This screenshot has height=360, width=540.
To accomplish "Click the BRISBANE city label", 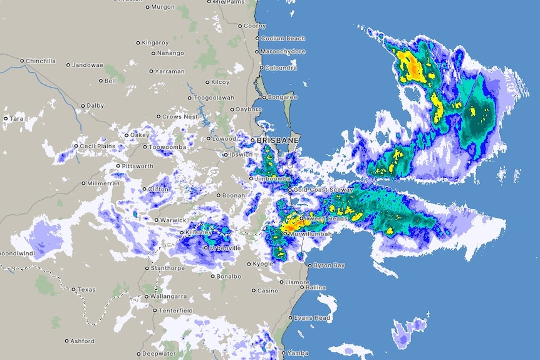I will point(278,140).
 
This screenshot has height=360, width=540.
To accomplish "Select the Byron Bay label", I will point(329,266).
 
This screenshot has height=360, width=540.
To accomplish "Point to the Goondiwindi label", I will point(17,254).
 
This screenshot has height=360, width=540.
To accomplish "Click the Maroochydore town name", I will point(283,51).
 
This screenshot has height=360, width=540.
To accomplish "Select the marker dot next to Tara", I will point(6,118).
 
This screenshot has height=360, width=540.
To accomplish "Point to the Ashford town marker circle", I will point(67,341).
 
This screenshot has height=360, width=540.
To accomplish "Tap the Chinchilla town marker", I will point(22,61).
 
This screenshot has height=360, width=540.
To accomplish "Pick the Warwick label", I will point(173,220).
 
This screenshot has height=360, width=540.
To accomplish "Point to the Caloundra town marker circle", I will point(261,68).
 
